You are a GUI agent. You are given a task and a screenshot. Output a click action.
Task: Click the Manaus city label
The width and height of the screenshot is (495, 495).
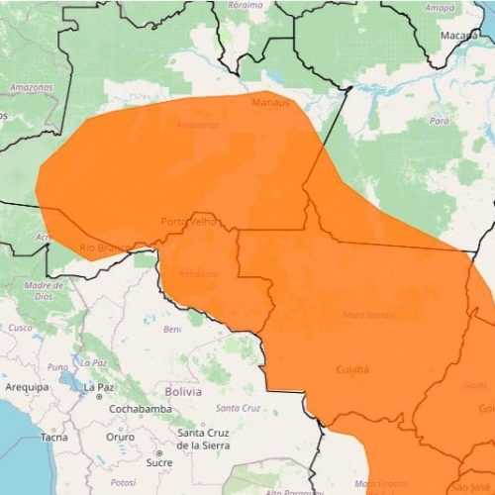tap(270, 102)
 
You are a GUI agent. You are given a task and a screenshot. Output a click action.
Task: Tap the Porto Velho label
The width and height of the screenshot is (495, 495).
tap(188, 221)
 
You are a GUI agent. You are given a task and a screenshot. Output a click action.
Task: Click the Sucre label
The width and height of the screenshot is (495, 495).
tap(158, 462)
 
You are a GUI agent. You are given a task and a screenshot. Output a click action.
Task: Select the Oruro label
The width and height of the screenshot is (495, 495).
tap(120, 436)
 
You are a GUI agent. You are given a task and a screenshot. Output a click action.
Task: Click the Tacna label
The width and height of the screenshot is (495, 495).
tap(53, 436)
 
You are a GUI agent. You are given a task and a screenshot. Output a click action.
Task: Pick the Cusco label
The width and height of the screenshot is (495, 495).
tap(20, 327)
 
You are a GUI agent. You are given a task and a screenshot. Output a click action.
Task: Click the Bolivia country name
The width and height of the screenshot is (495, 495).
tap(183, 392)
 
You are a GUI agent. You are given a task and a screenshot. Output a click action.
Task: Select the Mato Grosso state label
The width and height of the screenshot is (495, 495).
tap(367, 315)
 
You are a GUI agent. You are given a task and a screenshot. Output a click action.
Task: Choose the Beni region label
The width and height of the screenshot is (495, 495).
tap(173, 329)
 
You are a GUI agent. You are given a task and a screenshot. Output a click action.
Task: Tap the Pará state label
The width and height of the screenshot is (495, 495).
tap(439, 120)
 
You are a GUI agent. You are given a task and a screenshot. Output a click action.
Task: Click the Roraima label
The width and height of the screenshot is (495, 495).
tap(246, 5)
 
